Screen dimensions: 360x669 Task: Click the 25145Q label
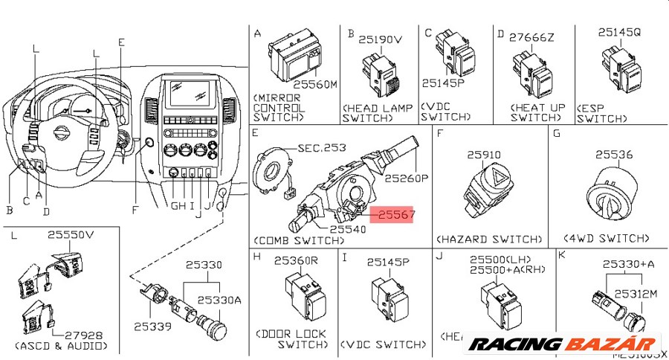(x=619, y=33)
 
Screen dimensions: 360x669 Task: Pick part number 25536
(x=614, y=155)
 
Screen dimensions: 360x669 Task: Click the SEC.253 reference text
(x=322, y=148)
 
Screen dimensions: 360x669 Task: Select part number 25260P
(x=407, y=179)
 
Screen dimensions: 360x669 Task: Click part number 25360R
(x=296, y=261)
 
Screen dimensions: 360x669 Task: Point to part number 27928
(x=82, y=335)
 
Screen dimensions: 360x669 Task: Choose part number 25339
(x=152, y=326)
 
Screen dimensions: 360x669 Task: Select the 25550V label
(x=71, y=234)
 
